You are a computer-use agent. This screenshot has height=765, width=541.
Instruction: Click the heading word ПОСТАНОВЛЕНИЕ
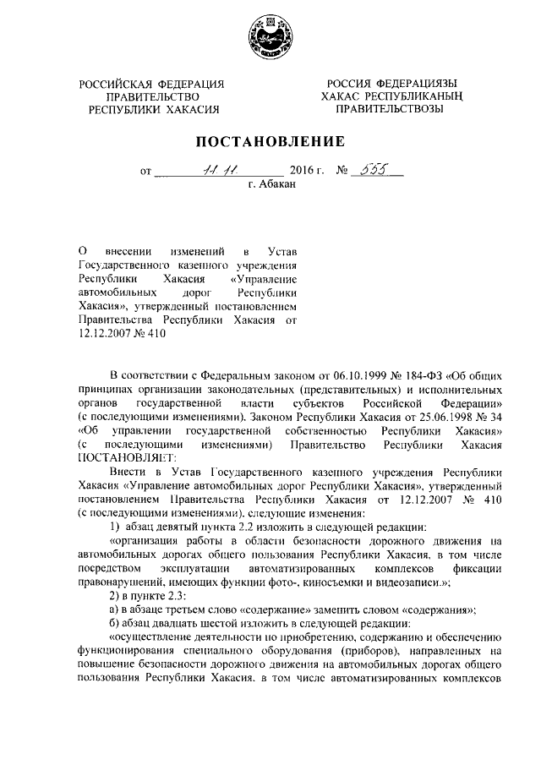[270, 140]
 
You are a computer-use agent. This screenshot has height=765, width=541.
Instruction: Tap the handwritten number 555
[373, 168]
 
